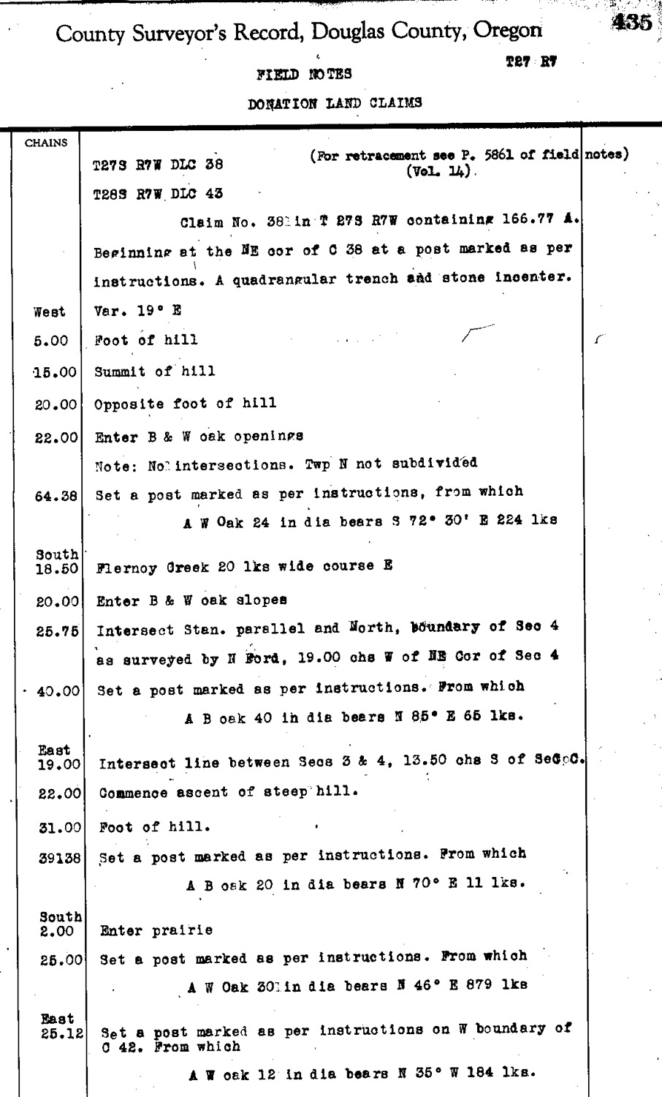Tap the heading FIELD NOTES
click(304, 74)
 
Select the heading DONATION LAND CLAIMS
click(335, 103)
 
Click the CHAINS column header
click(46, 143)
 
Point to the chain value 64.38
click(56, 497)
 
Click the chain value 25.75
click(57, 631)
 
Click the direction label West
click(50, 312)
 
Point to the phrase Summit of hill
click(155, 372)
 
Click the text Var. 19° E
click(137, 311)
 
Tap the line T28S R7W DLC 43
click(158, 195)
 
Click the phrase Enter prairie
click(156, 931)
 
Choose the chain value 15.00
click(56, 373)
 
